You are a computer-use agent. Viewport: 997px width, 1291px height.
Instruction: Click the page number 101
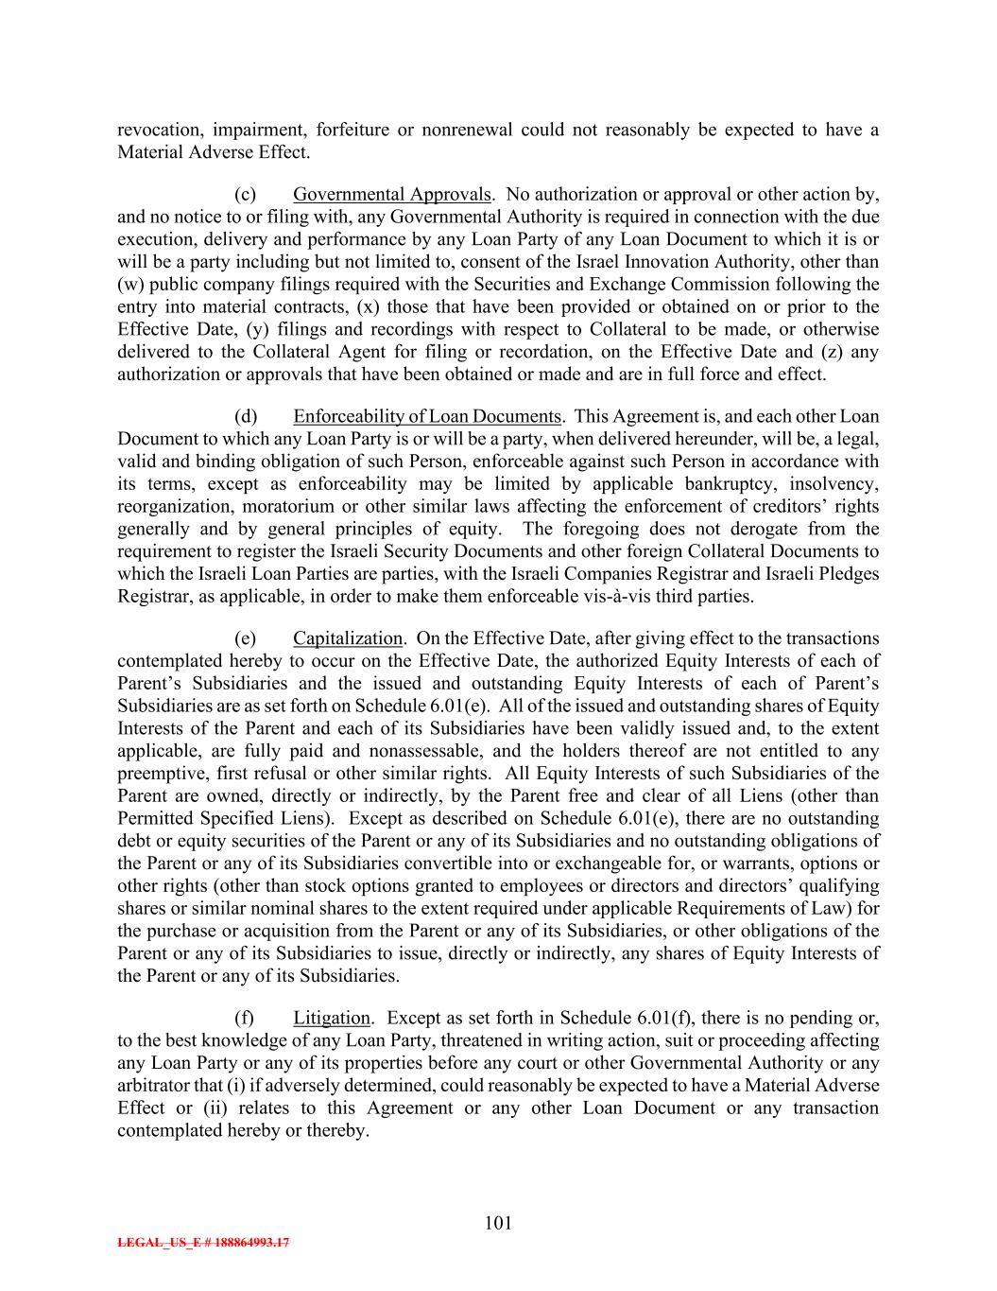[498, 1223]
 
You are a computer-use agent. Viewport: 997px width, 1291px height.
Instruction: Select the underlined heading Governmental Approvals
[392, 195]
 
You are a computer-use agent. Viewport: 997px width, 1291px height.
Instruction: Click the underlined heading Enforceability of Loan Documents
[427, 417]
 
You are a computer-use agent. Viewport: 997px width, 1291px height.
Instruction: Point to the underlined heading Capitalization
[348, 638]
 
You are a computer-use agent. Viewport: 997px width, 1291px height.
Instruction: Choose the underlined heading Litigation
[331, 1019]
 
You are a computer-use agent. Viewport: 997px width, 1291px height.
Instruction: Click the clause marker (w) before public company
[129, 285]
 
